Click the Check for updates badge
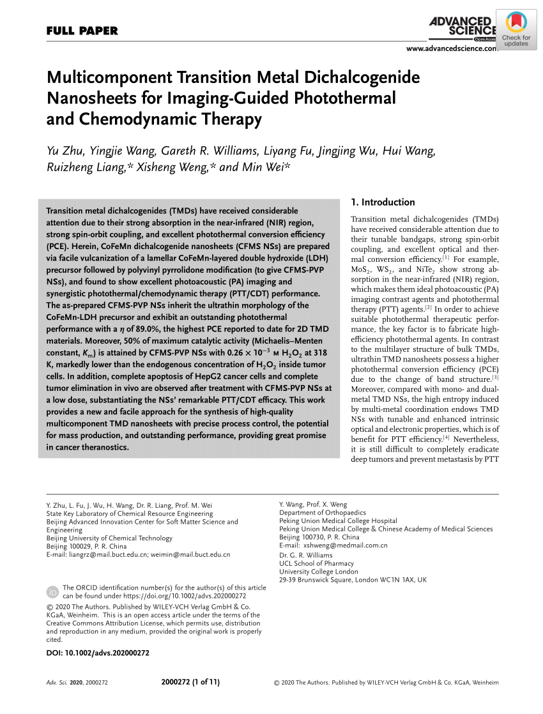tap(516, 31)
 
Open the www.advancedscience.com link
tap(451, 49)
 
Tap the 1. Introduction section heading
tap(383, 202)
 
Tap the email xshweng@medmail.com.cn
tap(346, 545)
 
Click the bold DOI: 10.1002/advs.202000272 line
tap(98, 653)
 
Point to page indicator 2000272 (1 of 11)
tap(191, 682)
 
